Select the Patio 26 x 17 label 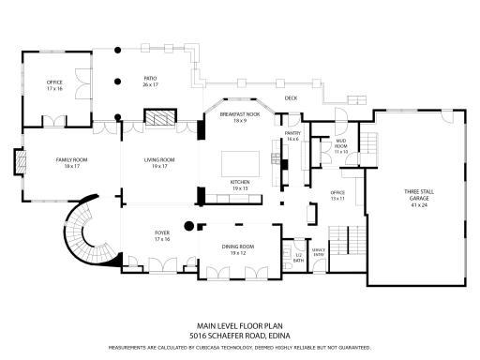click(150, 82)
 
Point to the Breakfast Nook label click(239, 117)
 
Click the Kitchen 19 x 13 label click(239, 186)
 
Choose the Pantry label click(292, 137)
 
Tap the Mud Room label click(341, 148)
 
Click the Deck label click(291, 97)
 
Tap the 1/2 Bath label click(299, 255)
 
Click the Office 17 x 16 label click(54, 85)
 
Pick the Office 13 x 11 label click(337, 196)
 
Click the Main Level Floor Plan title click(239, 325)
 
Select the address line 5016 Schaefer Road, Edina click(239, 335)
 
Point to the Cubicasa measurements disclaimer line click(239, 347)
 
